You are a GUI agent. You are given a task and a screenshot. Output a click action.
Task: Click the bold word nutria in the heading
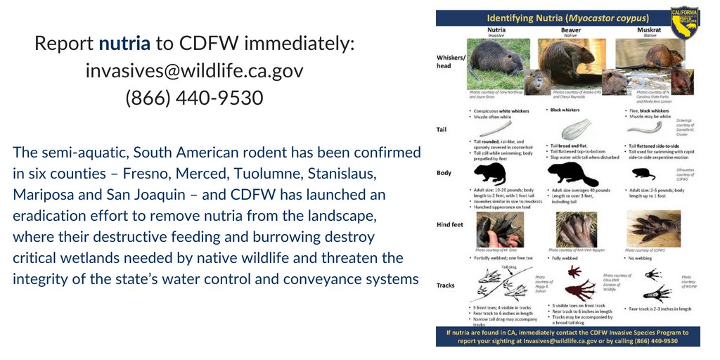[x=124, y=44]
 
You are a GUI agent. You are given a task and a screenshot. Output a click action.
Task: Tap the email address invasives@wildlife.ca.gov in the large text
[x=194, y=71]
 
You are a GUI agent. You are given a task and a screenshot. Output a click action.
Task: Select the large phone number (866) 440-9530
[x=194, y=98]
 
